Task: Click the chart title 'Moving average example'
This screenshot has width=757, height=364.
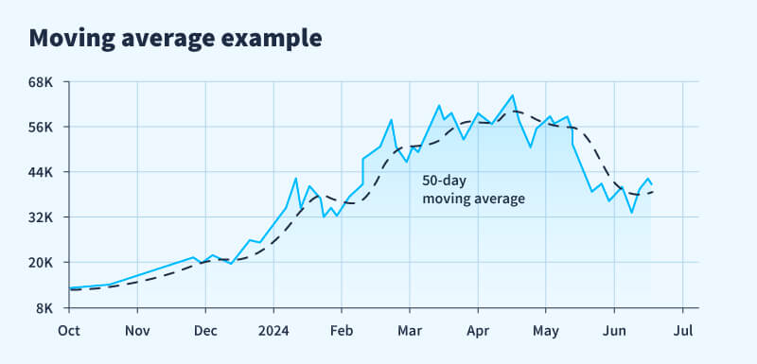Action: [x=175, y=39]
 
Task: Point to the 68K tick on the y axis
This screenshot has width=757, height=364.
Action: [x=43, y=82]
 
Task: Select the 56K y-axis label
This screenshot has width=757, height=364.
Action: [x=43, y=127]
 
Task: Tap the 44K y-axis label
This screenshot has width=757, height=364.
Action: [x=43, y=172]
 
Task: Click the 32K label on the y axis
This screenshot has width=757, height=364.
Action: [x=43, y=217]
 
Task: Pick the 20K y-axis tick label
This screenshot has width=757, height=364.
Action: [x=43, y=263]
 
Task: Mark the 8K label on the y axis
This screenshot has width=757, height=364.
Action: [x=46, y=308]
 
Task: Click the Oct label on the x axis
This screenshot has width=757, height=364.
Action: [x=69, y=331]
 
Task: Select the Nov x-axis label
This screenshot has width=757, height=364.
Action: [x=137, y=331]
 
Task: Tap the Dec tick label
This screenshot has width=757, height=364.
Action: [x=205, y=331]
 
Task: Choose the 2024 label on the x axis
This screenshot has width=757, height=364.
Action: [x=273, y=331]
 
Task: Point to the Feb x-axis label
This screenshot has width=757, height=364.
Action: [x=342, y=331]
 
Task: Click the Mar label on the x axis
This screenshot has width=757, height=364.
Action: [x=410, y=331]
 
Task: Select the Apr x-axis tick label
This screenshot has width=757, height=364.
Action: [x=478, y=331]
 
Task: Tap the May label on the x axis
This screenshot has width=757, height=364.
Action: [x=546, y=331]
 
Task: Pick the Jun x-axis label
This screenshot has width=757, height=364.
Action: [x=614, y=331]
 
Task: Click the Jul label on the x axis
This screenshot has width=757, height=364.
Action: [x=682, y=331]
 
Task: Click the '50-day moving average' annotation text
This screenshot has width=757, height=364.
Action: [x=473, y=189]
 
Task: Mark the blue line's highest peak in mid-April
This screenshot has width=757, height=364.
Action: [x=512, y=95]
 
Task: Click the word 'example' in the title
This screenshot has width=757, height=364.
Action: [x=274, y=39]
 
